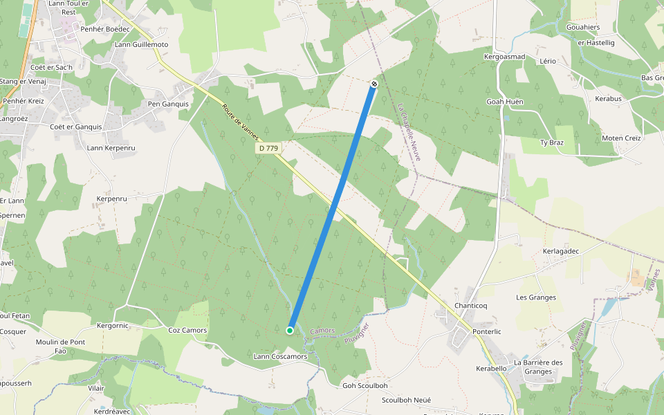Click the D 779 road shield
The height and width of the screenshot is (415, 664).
tap(268, 148)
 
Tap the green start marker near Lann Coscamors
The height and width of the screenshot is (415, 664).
tap(290, 330)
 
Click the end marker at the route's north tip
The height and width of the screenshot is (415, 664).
tap(374, 84)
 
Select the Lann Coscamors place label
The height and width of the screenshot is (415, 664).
tap(280, 356)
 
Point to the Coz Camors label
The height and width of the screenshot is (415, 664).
tap(187, 330)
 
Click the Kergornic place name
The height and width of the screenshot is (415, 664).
tap(113, 325)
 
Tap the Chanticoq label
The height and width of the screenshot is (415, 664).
tap(471, 306)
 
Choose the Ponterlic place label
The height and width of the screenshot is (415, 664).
tap(487, 331)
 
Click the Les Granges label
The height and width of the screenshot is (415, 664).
tap(536, 297)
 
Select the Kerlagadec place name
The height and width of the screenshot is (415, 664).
tap(560, 251)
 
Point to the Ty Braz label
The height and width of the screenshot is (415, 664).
tap(552, 142)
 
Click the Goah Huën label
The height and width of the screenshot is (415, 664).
tap(505, 102)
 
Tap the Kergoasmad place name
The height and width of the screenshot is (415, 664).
tap(505, 57)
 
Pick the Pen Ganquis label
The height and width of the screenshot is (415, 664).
tap(169, 104)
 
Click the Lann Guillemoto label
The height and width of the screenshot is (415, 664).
tap(142, 45)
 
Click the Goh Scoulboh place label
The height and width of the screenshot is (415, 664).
tap(365, 385)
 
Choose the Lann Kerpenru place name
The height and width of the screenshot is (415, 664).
tap(111, 148)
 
